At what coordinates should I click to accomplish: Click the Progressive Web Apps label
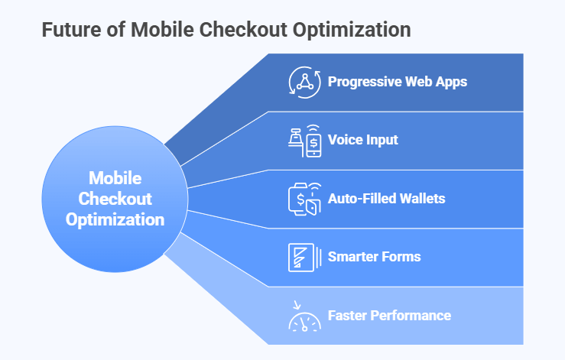click(397, 82)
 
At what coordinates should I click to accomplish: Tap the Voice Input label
click(362, 140)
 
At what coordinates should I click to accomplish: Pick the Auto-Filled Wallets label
click(386, 198)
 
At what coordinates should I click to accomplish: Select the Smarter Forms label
click(374, 257)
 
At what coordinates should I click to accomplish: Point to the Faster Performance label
click(389, 315)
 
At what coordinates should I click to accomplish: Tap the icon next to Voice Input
click(303, 140)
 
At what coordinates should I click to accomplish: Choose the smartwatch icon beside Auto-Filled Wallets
click(303, 198)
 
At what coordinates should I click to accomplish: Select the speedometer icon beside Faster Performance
click(303, 316)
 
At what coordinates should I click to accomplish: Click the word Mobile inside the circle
click(115, 178)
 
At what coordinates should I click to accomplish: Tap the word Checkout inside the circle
click(115, 199)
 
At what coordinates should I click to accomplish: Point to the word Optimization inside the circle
click(115, 219)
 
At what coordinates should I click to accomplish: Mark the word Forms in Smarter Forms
click(401, 257)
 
